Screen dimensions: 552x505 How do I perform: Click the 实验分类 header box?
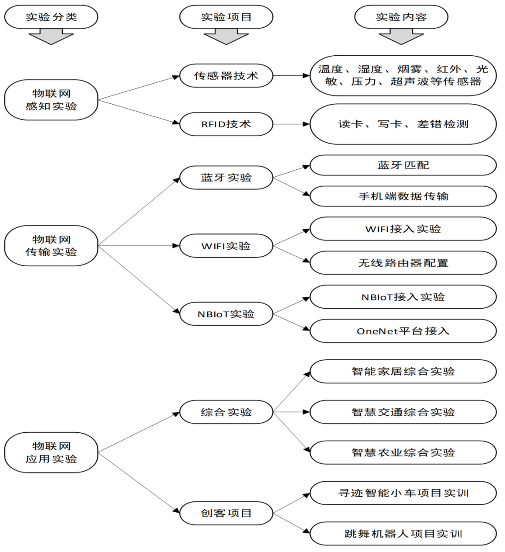click(51, 17)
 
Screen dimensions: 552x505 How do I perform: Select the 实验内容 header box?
click(401, 17)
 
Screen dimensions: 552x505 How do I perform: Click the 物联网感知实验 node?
click(51, 100)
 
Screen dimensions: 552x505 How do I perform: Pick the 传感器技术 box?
click(226, 76)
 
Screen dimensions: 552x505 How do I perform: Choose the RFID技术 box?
click(226, 124)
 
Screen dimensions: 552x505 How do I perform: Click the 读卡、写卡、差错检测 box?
click(403, 124)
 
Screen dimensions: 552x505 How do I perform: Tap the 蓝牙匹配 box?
click(403, 165)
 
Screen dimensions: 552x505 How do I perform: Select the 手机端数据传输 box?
click(403, 196)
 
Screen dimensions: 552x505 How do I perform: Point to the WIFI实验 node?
click(226, 246)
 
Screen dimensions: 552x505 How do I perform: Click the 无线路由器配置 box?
click(403, 263)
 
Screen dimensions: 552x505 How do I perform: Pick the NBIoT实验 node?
click(226, 314)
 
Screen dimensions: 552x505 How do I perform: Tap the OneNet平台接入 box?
click(403, 331)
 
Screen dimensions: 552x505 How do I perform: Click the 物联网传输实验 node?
click(51, 246)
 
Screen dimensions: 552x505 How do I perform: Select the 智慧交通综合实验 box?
click(403, 412)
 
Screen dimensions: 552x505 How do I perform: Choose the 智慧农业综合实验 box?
click(403, 452)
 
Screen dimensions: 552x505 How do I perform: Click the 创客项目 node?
click(226, 513)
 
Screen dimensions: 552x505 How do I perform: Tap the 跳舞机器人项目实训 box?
click(403, 534)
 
